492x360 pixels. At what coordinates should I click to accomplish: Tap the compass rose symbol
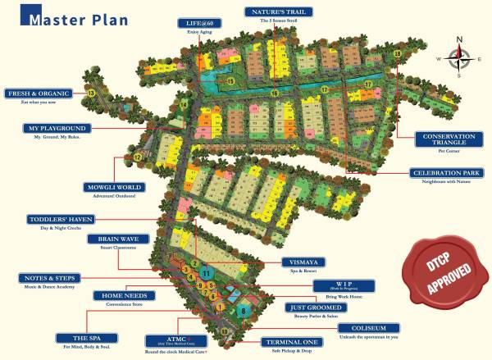tap(459, 57)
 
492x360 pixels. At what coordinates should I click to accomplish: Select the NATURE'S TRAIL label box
tap(275, 12)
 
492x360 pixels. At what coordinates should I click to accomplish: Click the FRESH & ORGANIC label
tap(41, 93)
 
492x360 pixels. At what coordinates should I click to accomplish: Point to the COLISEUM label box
tap(370, 327)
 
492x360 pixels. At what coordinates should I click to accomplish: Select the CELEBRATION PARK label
tap(443, 173)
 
